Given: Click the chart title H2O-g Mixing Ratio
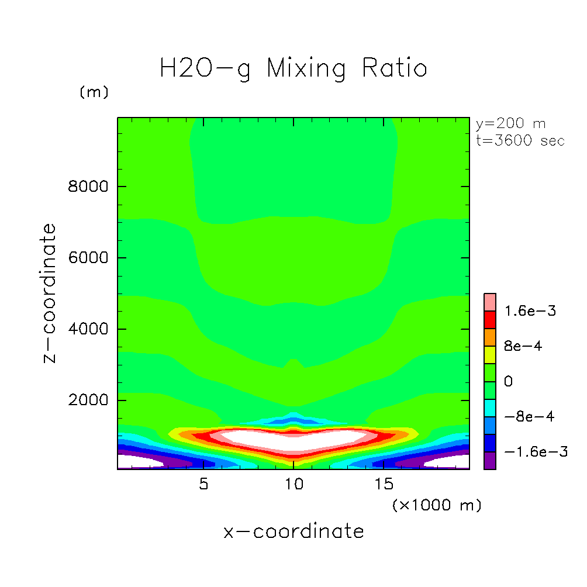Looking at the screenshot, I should pos(293,68).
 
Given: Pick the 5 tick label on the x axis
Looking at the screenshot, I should pos(203,485).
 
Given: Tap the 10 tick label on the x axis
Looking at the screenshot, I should pos(293,485).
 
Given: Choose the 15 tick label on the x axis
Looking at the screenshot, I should pos(383,485).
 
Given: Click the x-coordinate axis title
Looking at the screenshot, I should pos(293,531).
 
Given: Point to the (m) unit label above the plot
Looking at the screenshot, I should pos(94,92).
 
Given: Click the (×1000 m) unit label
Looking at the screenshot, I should pos(437,505).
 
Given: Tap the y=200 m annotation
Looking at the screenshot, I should pos(510,124).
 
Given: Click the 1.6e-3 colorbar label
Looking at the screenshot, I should pos(531,310).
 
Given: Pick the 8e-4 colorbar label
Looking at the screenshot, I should pos(523,346).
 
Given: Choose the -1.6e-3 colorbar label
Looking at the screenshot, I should pos(535,452).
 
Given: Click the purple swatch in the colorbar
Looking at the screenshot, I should pos(490,461).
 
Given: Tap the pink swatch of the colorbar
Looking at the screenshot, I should pos(490,302).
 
